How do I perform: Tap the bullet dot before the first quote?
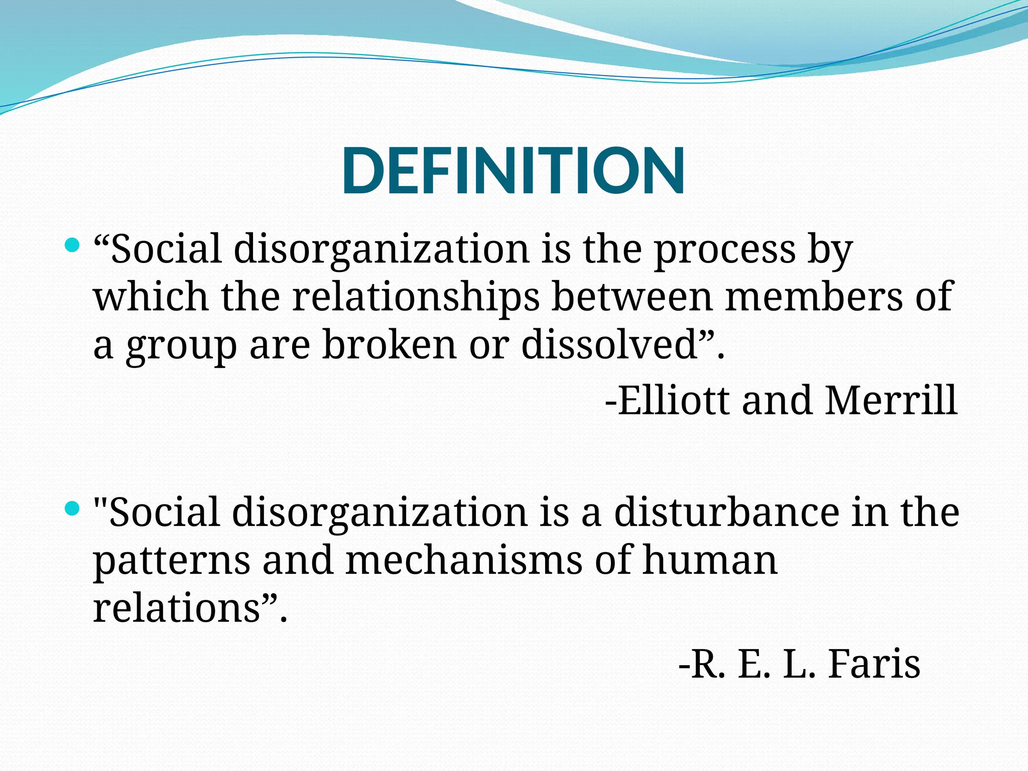point(73,245)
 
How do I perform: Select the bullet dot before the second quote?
point(73,509)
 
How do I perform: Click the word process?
point(724,249)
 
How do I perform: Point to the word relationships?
point(416,297)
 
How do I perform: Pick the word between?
point(632,297)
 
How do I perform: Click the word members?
point(813,297)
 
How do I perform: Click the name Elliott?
point(673,401)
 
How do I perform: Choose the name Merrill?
point(891,401)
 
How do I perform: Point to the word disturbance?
point(726,512)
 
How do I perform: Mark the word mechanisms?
point(464,560)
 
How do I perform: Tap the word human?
point(710,560)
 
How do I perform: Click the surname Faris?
point(874,664)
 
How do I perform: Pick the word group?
point(181,346)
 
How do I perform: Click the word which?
point(151,297)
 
